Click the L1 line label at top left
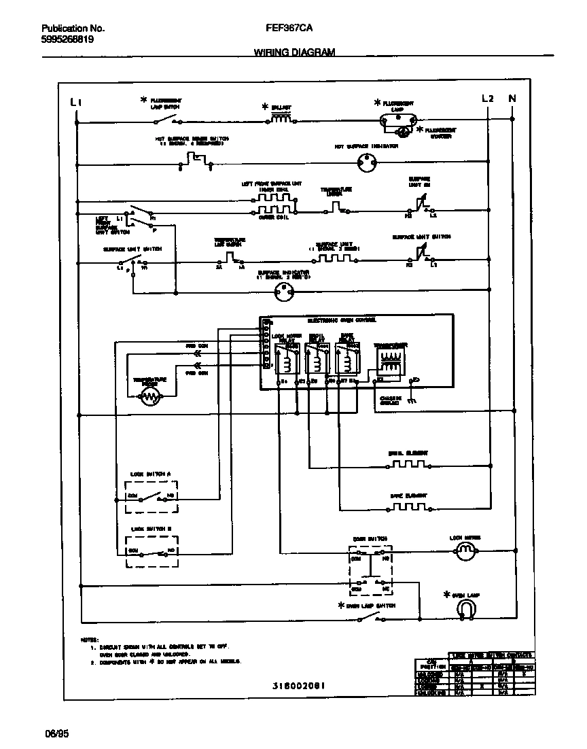(x=77, y=102)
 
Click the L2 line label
(x=487, y=98)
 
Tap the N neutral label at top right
(x=512, y=98)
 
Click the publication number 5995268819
(x=68, y=39)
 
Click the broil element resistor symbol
(x=408, y=465)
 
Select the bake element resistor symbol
(x=408, y=507)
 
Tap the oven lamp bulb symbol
(x=466, y=612)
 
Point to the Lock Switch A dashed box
(x=152, y=496)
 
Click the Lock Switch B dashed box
(x=152, y=551)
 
